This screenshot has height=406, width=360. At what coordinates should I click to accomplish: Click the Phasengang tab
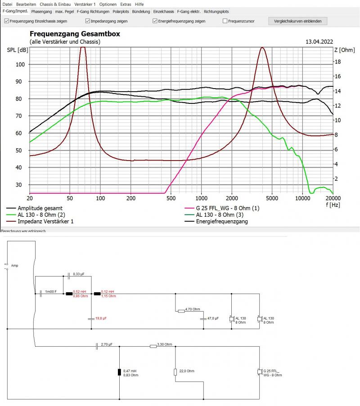click(42, 11)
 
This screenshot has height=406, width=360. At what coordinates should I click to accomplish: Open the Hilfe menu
click(139, 4)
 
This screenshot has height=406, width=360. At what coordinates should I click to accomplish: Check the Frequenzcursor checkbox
click(225, 21)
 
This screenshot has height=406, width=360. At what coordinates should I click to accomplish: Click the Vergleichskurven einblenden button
click(297, 21)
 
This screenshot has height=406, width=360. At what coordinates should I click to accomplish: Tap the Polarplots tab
click(121, 11)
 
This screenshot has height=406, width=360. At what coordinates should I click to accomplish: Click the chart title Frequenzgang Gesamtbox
click(75, 34)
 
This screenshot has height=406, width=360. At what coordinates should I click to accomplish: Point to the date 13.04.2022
click(319, 41)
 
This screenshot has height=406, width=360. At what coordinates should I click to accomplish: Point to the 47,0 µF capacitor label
click(213, 318)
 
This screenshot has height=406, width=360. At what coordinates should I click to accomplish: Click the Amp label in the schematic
click(15, 266)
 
